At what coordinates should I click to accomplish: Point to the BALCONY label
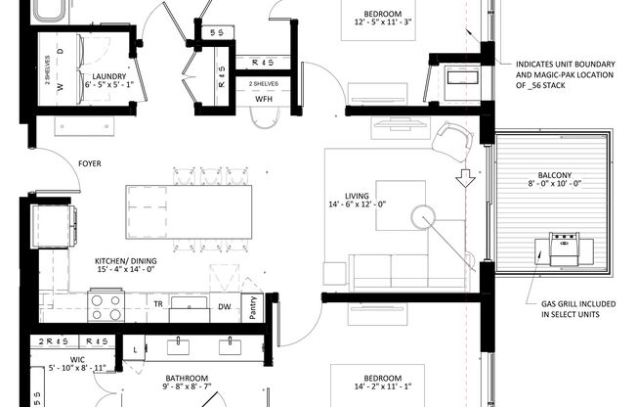[x=554, y=175]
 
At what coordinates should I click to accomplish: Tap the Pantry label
[x=252, y=307]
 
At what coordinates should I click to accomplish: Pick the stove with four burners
[x=106, y=307]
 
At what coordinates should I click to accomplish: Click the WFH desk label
[x=264, y=100]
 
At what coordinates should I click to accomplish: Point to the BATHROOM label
[x=186, y=379]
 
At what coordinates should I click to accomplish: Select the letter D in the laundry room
[x=60, y=50]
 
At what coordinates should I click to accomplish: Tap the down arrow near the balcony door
[x=465, y=178]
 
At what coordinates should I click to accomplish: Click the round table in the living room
[x=426, y=216]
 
